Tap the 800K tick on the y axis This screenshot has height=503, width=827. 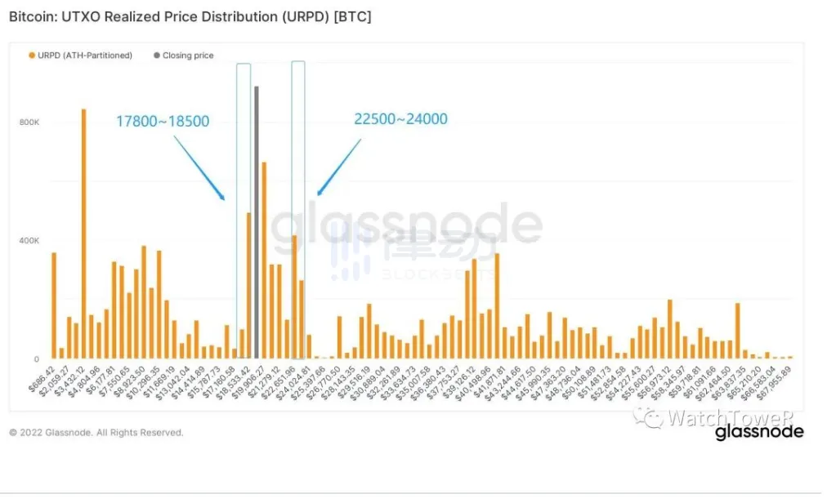tap(30, 122)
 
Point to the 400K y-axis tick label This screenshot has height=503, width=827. tap(30, 241)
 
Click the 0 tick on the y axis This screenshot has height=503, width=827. tap(36, 359)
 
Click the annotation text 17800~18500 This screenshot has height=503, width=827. tap(163, 122)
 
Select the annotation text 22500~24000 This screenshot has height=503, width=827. tap(400, 119)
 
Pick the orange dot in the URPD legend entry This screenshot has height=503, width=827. tap(32, 56)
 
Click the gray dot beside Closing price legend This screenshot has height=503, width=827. tap(155, 56)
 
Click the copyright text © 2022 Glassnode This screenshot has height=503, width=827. tap(96, 432)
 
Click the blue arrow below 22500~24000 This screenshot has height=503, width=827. tap(338, 167)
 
